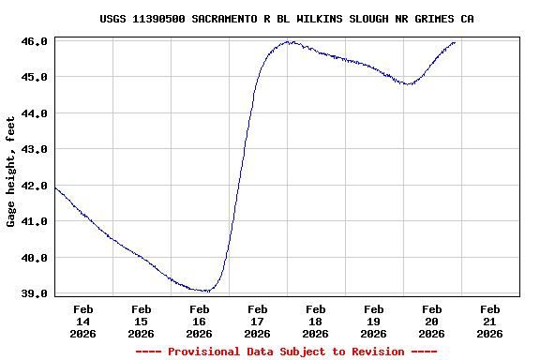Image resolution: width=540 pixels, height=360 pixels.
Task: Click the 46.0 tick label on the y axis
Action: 34,41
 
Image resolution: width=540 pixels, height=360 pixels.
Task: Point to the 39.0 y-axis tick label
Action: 34,293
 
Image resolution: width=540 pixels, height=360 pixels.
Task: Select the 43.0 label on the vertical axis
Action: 34,149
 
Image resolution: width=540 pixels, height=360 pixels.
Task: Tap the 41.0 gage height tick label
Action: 34,221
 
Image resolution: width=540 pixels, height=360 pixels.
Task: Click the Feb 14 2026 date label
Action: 82,321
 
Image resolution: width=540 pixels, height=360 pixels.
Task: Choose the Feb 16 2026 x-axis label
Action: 199,321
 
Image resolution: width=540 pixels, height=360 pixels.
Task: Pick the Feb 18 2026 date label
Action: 315,321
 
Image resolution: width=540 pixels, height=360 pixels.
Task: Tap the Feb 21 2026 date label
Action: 489,321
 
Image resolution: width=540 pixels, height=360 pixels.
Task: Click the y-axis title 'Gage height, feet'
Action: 11,172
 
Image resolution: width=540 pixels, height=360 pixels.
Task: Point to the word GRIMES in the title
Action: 432,19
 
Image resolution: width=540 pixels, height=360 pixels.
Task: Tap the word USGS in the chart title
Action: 113,19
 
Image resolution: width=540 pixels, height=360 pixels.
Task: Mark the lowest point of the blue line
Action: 204,291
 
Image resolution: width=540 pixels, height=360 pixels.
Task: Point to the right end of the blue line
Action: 455,42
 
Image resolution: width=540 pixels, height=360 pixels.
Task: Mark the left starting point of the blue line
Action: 55,187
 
